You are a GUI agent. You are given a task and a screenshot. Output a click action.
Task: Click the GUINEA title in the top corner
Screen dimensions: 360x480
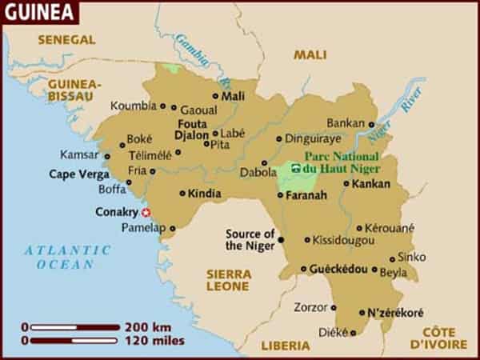[x=39, y=13]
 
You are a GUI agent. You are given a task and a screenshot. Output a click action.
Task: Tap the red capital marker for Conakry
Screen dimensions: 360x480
[x=146, y=213]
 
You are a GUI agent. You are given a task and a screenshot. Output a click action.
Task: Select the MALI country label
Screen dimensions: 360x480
[x=310, y=54]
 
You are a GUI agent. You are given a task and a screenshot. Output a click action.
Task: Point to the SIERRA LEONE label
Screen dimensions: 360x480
[x=228, y=279]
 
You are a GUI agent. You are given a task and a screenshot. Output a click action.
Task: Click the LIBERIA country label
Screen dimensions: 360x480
[x=285, y=346]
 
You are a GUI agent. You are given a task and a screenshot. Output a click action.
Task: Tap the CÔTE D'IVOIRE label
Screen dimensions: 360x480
[x=438, y=338]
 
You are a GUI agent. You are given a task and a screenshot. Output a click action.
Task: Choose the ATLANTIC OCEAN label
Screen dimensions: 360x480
[x=58, y=257]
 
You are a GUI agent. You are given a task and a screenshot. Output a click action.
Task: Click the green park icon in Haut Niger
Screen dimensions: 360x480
[x=296, y=169]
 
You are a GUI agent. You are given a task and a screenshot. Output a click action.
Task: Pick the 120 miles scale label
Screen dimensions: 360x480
[x=154, y=341]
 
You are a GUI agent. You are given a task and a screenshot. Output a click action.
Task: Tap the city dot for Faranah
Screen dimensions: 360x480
[x=281, y=194]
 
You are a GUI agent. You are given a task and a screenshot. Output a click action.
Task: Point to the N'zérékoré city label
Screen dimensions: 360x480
[x=396, y=313]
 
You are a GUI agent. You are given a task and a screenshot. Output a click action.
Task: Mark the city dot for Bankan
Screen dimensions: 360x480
[x=371, y=124]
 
